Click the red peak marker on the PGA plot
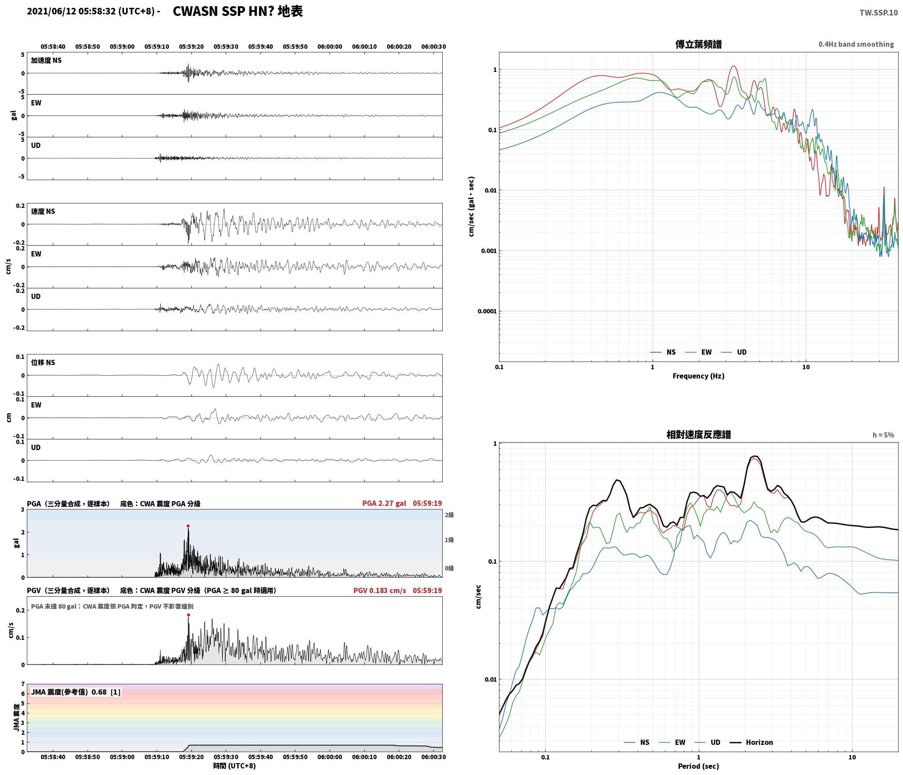pyautogui.click(x=188, y=526)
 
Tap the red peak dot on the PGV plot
pyautogui.click(x=188, y=615)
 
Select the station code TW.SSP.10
pyautogui.click(x=878, y=13)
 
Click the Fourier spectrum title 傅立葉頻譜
pyautogui.click(x=698, y=44)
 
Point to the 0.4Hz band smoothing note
pyautogui.click(x=856, y=44)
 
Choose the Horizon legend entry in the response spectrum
pyautogui.click(x=752, y=742)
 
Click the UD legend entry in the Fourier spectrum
pyautogui.click(x=734, y=352)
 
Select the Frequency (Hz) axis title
pyautogui.click(x=698, y=376)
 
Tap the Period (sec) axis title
pyautogui.click(x=698, y=766)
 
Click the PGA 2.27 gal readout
pyautogui.click(x=384, y=503)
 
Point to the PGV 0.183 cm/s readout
pyautogui.click(x=380, y=590)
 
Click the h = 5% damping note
pyautogui.click(x=883, y=435)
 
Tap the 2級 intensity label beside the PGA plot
pyautogui.click(x=449, y=515)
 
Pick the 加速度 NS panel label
pyautogui.click(x=46, y=60)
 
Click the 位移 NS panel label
pyautogui.click(x=43, y=362)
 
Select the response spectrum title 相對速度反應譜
pyautogui.click(x=698, y=435)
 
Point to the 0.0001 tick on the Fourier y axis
pyautogui.click(x=487, y=311)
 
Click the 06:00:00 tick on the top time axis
pyautogui.click(x=330, y=47)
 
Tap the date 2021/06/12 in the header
pyautogui.click(x=51, y=11)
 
